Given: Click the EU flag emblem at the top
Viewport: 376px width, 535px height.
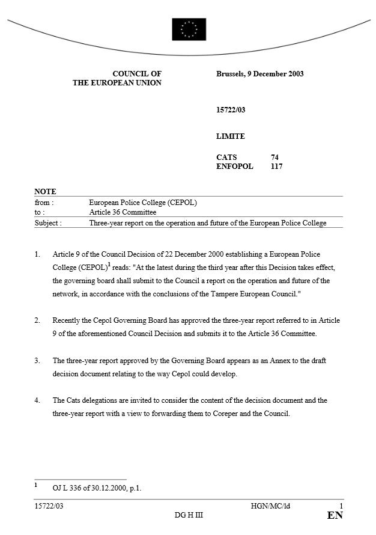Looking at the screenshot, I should pos(189,29).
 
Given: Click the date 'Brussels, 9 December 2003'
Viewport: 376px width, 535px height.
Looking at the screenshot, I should pos(259,74).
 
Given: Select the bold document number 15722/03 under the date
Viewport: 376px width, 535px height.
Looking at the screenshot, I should pos(231,110).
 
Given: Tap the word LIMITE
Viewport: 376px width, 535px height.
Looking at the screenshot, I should pos(231,136).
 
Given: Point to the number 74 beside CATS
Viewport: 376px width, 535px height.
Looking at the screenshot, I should pos(274,157).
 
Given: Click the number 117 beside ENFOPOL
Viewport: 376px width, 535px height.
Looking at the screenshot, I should pos(276,167).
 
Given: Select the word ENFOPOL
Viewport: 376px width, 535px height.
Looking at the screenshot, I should pos(235,167).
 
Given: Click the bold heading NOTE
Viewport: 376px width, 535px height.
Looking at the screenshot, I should pos(45,191).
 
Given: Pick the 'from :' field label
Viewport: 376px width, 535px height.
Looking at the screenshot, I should pos(44,203).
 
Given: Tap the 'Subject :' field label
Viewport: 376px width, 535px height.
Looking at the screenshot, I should pos(48,223).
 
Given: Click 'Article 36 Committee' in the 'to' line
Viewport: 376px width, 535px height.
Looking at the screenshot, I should pos(123,212).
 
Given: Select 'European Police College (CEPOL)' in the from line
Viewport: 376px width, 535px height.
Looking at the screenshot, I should pos(143,203).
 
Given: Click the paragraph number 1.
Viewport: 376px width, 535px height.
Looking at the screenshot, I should pos(37,255).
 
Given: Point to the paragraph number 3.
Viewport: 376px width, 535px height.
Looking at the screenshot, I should pos(37,361).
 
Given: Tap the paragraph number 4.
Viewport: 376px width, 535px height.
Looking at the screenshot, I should pos(37,400).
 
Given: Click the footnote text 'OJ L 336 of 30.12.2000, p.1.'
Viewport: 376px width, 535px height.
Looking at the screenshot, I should pos(97,488).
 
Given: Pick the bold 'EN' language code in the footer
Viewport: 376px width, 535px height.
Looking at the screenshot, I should pos(335,516).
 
